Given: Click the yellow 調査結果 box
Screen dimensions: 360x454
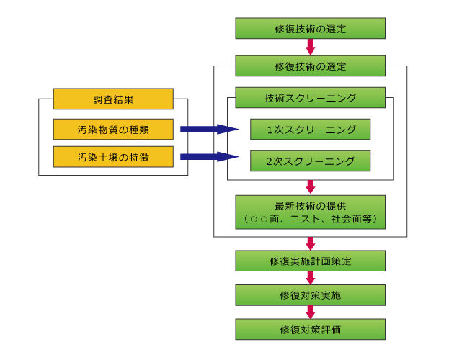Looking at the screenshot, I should (x=113, y=99).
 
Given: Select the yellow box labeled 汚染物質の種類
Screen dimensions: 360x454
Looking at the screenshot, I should (x=113, y=130).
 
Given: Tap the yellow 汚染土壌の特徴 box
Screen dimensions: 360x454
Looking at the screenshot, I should (x=113, y=156).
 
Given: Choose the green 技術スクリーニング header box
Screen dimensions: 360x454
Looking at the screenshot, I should (x=310, y=98).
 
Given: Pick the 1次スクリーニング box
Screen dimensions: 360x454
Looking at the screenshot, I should (x=310, y=130).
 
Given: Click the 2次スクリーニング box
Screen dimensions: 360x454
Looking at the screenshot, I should (x=310, y=160).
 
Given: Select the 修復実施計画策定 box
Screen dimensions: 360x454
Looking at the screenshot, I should (x=310, y=260).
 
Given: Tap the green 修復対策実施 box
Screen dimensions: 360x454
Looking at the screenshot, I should (x=310, y=294).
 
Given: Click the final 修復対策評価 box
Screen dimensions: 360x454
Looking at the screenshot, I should (x=310, y=329).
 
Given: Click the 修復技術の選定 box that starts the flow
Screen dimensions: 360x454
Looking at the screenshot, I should (x=310, y=29).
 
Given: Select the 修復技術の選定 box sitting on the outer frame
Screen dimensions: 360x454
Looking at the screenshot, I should (x=310, y=66).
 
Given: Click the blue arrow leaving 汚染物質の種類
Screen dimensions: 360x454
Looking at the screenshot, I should (x=208, y=130).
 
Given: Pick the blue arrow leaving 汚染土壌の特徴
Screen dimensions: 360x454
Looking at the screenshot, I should (x=208, y=156).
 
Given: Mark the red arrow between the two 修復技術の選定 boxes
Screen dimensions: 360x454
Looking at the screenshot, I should (x=311, y=48).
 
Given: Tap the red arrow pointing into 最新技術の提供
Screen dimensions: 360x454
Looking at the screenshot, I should (x=311, y=186).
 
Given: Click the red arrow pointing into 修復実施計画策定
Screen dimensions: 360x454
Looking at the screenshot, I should (x=311, y=243).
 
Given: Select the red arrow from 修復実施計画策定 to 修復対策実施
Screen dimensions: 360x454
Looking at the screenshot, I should (x=311, y=277).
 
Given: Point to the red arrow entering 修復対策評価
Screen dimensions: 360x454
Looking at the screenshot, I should (x=311, y=312).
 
